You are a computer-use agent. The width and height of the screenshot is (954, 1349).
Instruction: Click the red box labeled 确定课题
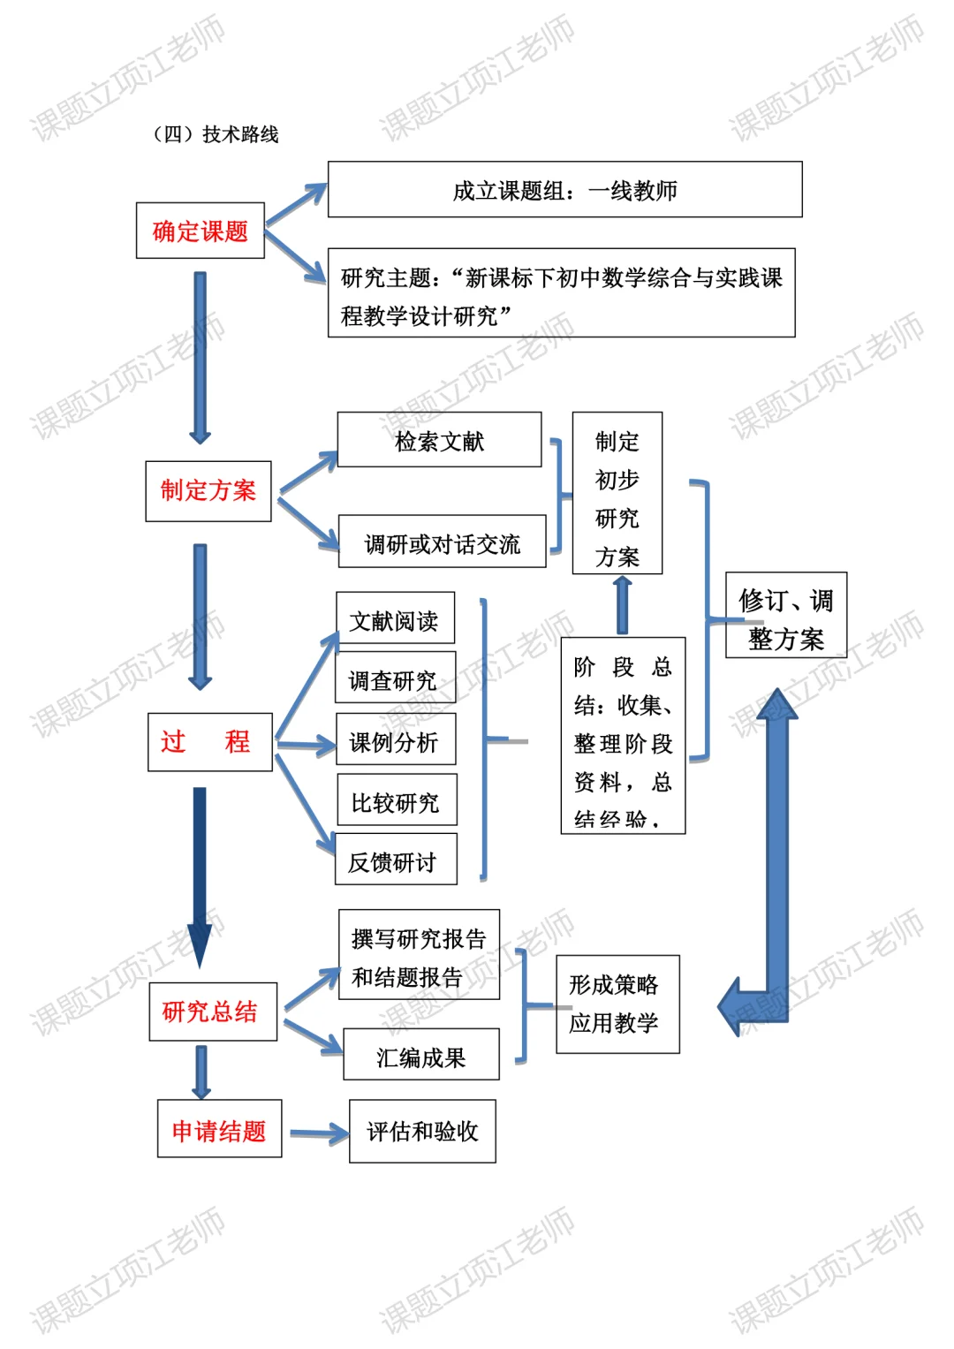pos(201,231)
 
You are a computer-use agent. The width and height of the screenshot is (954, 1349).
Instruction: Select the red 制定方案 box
pos(208,490)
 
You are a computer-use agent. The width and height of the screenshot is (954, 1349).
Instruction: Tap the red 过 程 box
pos(209,741)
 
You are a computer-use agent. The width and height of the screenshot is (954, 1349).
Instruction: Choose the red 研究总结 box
pos(212,1011)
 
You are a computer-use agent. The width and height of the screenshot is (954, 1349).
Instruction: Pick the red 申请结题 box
pos(219,1128)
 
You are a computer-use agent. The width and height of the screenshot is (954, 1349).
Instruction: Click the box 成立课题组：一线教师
pos(564,189)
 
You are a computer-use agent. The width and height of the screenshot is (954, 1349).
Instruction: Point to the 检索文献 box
pos(439,439)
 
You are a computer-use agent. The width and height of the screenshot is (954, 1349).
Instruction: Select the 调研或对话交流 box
pos(442,542)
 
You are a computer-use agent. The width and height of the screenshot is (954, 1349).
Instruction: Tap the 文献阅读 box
pos(395,618)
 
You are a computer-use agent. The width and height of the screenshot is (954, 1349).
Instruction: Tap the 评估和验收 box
pos(422,1131)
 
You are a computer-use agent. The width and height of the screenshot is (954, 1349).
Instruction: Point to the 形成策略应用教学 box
pos(617,1004)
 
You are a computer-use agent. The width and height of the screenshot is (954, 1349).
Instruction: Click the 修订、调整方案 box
pos(785,616)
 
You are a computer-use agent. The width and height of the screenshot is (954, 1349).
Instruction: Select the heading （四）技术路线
pos(216,134)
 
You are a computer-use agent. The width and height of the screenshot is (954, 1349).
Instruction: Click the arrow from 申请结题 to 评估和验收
pos(318,1133)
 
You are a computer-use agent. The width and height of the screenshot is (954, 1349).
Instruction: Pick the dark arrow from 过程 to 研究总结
pos(200,875)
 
